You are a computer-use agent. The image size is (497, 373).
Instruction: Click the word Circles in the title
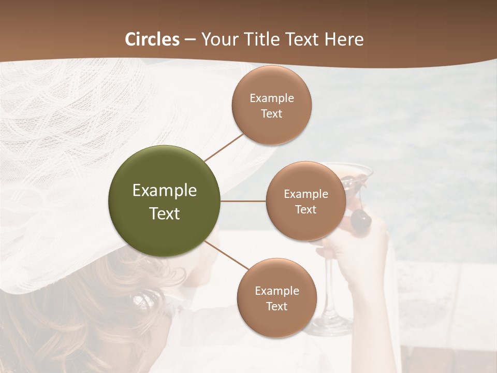pyautogui.click(x=152, y=39)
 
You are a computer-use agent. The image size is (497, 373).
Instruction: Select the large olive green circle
pyautogui.click(x=165, y=202)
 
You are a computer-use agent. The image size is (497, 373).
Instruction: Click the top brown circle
pyautogui.click(x=272, y=105)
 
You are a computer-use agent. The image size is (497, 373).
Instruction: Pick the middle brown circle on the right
pyautogui.click(x=306, y=201)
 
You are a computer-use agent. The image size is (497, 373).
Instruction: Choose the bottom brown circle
pyautogui.click(x=276, y=298)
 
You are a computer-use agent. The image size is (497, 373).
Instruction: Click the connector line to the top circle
pyautogui.click(x=224, y=147)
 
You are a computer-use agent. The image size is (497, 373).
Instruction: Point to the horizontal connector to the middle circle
pyautogui.click(x=243, y=201)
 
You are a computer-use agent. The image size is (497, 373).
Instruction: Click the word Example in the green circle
pyautogui.click(x=165, y=191)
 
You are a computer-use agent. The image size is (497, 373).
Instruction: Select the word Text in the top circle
pyautogui.click(x=272, y=114)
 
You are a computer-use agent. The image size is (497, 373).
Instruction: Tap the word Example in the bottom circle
pyautogui.click(x=276, y=291)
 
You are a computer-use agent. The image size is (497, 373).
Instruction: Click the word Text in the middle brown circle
pyautogui.click(x=306, y=210)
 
